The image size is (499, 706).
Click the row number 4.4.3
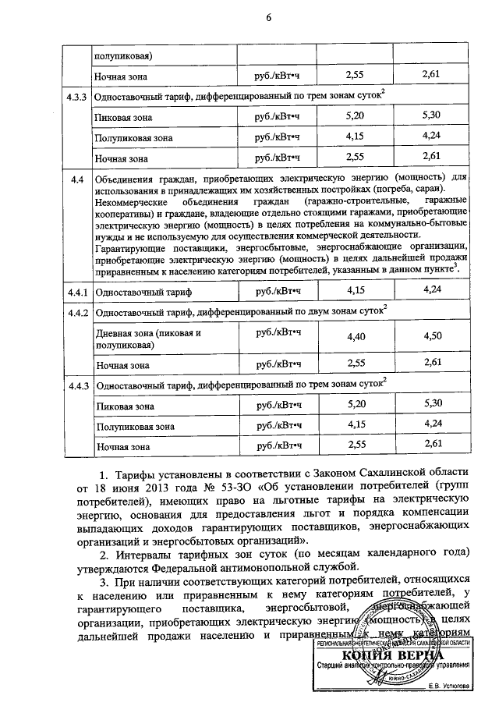click(x=76, y=385)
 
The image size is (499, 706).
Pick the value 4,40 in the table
click(x=356, y=338)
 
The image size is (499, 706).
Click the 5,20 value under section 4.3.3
click(x=356, y=116)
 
